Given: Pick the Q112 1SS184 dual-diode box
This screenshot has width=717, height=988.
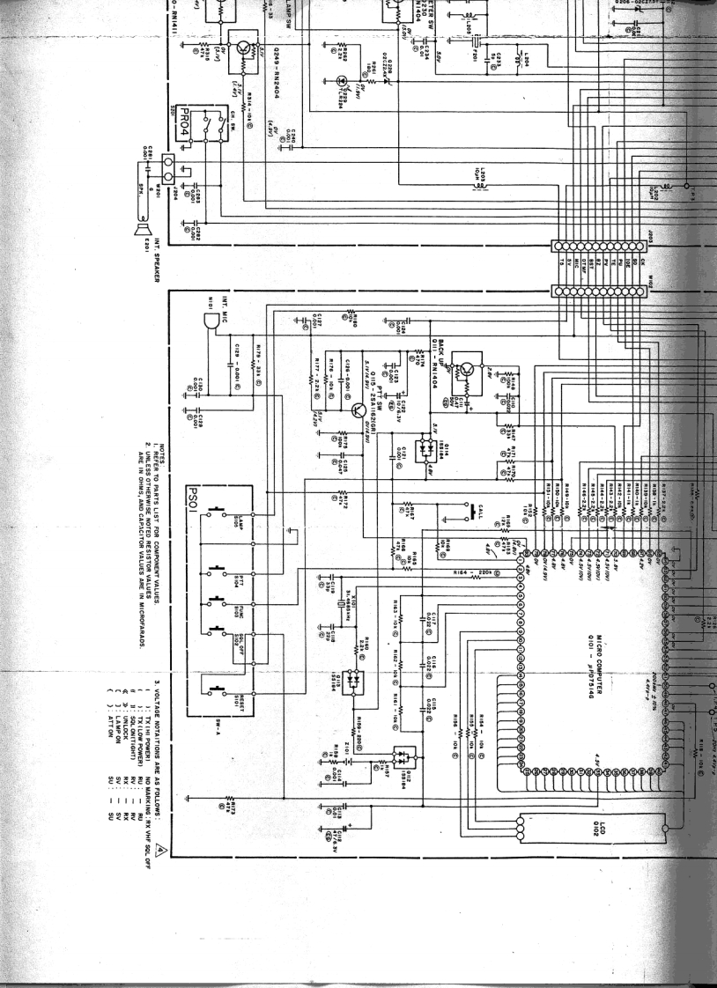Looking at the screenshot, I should pyautogui.click(x=407, y=756).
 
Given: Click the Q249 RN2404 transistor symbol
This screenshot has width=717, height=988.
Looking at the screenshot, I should pyautogui.click(x=239, y=48).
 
